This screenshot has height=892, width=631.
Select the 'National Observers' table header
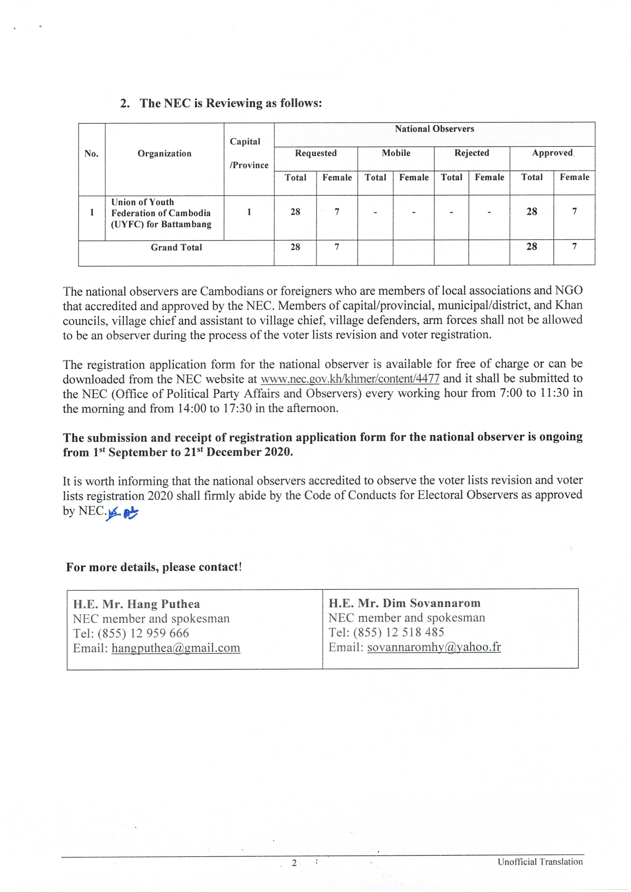[434, 129]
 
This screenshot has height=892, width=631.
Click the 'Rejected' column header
[471, 153]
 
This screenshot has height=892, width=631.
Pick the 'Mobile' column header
[396, 153]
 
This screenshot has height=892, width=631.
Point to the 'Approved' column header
[552, 153]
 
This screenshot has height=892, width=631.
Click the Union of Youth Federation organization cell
[161, 213]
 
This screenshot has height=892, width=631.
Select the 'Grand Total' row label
[176, 247]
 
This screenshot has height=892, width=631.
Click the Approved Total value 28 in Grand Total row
[531, 247]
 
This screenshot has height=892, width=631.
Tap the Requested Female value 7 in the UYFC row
[337, 212]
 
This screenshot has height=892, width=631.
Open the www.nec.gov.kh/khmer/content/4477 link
[350, 379]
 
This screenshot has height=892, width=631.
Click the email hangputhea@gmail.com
[176, 648]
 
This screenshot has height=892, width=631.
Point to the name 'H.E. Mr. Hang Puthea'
[137, 604]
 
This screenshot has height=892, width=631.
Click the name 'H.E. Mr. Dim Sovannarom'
[404, 603]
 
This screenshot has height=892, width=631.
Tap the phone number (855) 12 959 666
[143, 633]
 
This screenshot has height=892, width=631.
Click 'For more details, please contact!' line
[153, 567]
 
